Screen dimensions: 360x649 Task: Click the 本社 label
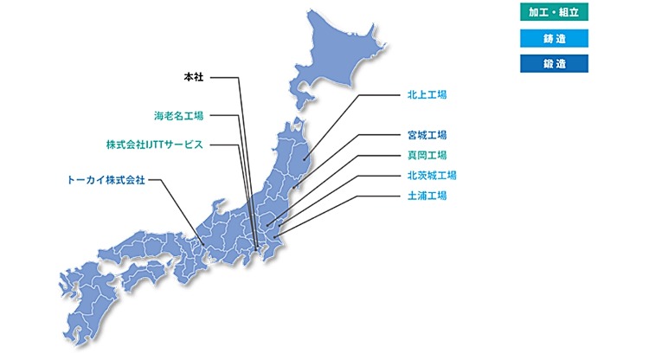click(193, 77)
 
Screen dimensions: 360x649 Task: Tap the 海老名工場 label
click(180, 115)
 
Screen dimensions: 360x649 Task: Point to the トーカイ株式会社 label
click(106, 180)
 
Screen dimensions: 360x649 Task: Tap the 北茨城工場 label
click(432, 176)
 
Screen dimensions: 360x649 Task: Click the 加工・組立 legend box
click(554, 12)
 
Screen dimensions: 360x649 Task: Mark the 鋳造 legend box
click(554, 37)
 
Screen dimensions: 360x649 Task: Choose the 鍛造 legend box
click(554, 63)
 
